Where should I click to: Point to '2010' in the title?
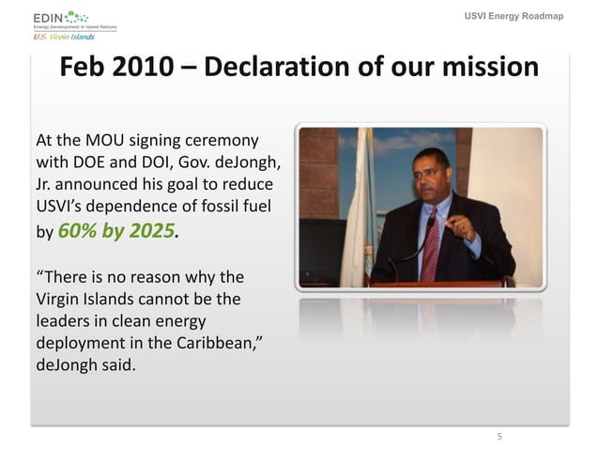(150, 70)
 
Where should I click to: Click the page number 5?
(499, 436)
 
